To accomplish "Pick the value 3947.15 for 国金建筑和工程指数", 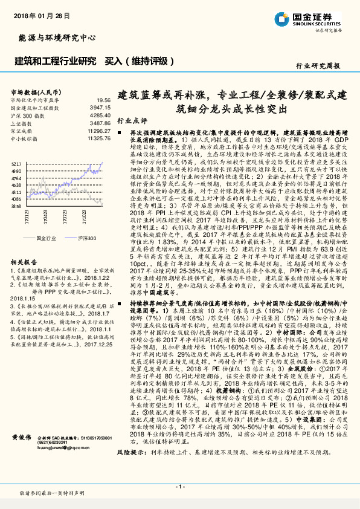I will (100, 107).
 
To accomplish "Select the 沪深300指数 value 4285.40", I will (100, 114).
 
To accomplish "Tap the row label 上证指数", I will (22, 122).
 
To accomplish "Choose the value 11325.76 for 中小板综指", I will (98, 138).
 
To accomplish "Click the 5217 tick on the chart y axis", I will (16, 163).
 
